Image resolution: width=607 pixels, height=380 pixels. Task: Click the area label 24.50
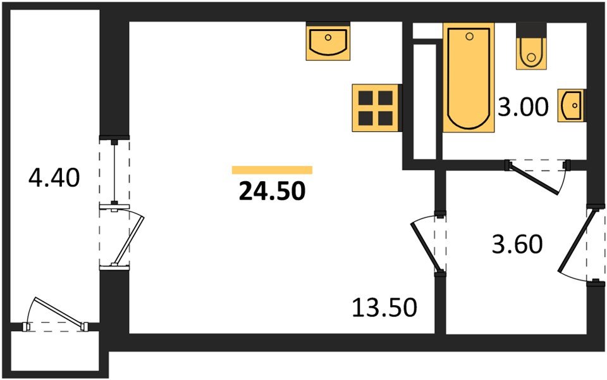click(x=272, y=190)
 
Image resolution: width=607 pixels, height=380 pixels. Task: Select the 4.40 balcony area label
click(x=54, y=178)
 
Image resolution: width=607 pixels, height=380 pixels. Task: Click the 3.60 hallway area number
click(x=517, y=244)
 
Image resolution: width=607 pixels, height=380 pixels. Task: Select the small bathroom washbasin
click(x=571, y=105)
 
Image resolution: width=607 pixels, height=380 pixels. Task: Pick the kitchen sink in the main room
click(x=328, y=42)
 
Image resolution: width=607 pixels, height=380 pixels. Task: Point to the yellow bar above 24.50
click(x=272, y=169)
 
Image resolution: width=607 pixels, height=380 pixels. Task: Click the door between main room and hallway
click(x=428, y=244)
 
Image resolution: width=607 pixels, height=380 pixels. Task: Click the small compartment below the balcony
click(x=56, y=351)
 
